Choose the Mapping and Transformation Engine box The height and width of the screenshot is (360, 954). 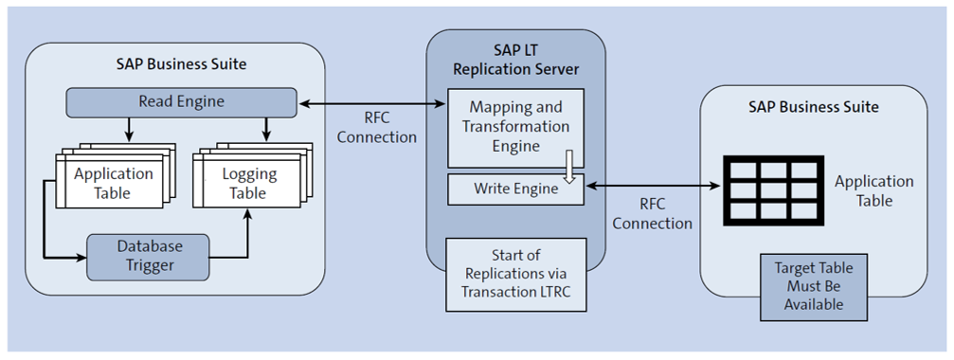(515, 125)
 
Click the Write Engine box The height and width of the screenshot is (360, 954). (515, 189)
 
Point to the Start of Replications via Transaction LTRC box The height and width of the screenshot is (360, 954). (515, 273)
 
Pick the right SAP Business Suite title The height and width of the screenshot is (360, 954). (814, 107)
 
